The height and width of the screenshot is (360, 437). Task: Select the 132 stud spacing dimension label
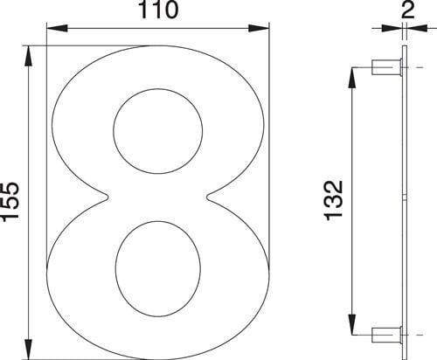pos(336,200)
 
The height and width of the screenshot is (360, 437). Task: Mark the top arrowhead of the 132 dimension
pos(354,74)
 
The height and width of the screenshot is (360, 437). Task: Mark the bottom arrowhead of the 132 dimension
pos(354,325)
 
